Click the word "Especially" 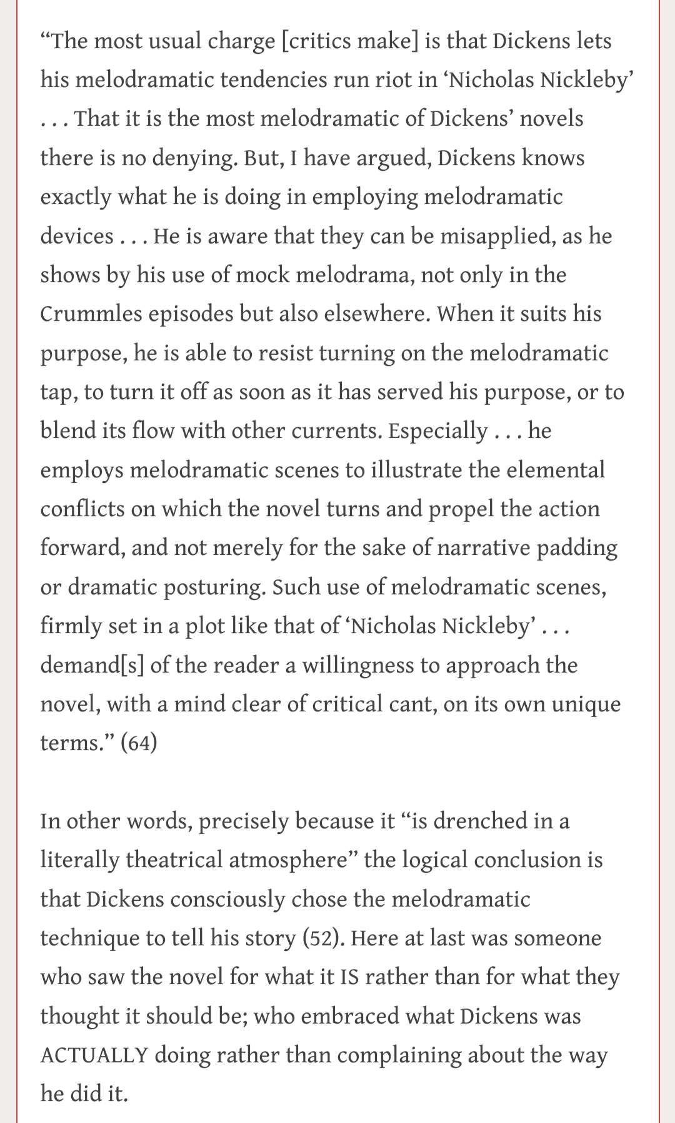(437, 431)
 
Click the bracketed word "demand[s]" (92, 665)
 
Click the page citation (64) (138, 743)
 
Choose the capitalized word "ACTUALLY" (94, 1055)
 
